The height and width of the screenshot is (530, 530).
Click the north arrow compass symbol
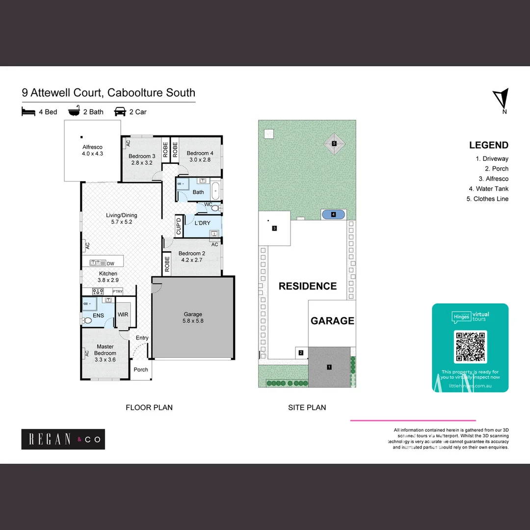[x=501, y=98]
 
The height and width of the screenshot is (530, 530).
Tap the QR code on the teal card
[x=471, y=346]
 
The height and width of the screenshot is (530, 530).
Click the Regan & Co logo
[x=63, y=439]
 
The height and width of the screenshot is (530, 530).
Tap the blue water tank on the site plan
[x=334, y=214]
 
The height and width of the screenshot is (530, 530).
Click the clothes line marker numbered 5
[x=334, y=144]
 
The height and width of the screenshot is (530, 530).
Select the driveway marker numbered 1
[x=329, y=367]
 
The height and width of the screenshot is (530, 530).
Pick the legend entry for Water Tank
[x=488, y=188]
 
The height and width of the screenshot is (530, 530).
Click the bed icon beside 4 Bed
[x=29, y=112]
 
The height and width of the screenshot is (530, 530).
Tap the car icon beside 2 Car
[x=120, y=112]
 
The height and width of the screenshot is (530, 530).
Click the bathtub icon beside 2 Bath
[x=74, y=112]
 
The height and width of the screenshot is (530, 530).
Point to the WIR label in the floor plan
[x=123, y=315]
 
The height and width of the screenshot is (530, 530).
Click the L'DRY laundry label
[x=202, y=223]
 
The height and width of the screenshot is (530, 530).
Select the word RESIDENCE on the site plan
[x=308, y=286]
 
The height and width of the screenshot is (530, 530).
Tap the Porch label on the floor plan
[x=141, y=370]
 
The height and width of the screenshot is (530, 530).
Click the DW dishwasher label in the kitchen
[x=110, y=264]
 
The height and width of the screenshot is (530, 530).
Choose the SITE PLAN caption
[x=307, y=407]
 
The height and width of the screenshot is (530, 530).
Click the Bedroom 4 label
[x=200, y=156]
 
